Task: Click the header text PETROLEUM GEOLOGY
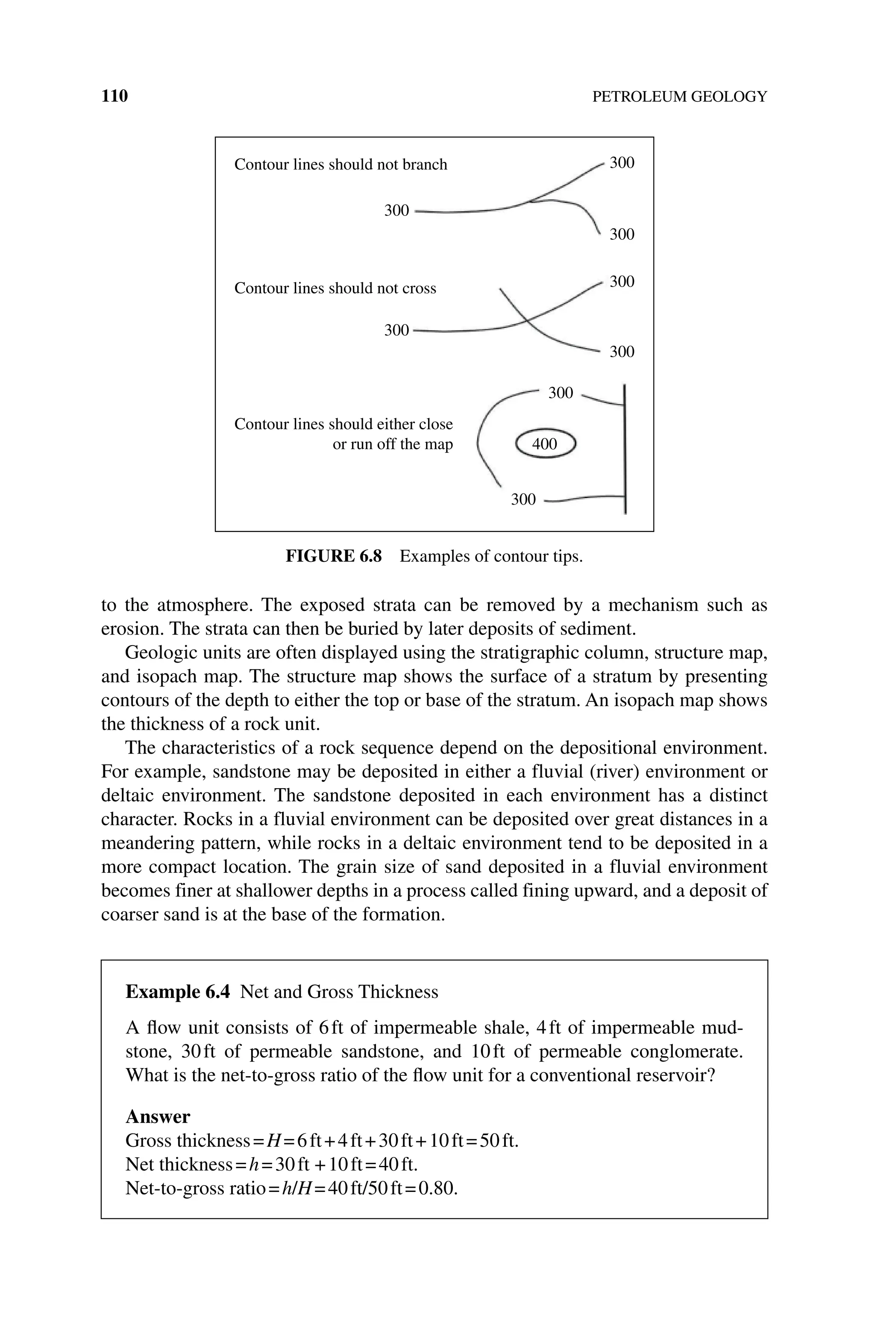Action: coord(679,97)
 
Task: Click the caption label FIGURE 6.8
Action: coord(334,556)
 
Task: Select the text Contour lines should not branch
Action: coord(341,164)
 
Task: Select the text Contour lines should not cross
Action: coord(335,288)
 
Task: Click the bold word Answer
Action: coord(158,1117)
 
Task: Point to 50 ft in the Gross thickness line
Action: coord(498,1141)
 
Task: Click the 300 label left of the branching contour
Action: coord(396,211)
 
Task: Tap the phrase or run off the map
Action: coord(392,445)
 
